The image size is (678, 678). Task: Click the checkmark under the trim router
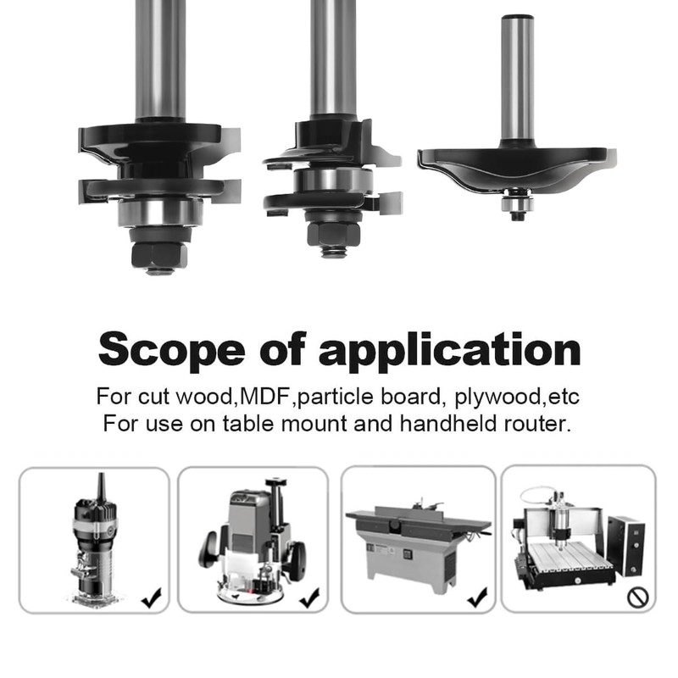pos(152,598)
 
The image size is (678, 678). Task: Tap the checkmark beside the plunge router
pos(309,597)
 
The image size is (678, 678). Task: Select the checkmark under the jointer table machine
pos(476,597)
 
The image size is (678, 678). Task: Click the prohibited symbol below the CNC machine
pos(636,597)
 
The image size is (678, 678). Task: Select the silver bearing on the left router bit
pos(159,212)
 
